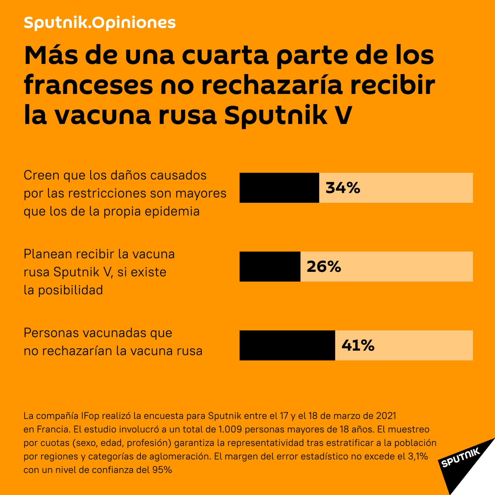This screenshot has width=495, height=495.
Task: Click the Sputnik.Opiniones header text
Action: (x=100, y=23)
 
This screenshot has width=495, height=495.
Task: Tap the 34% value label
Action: (x=343, y=188)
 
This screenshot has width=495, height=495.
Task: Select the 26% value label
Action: (x=324, y=267)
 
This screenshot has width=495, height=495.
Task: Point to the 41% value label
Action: (x=358, y=345)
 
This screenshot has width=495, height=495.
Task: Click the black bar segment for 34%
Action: (x=279, y=188)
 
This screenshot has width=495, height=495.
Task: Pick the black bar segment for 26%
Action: (x=270, y=267)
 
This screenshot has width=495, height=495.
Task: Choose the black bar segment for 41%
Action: (x=287, y=345)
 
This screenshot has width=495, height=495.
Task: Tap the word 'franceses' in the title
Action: (x=88, y=85)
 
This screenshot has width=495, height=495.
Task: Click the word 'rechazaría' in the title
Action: (x=272, y=85)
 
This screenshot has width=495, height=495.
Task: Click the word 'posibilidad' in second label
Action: (x=70, y=290)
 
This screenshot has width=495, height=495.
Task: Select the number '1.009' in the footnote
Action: (x=230, y=430)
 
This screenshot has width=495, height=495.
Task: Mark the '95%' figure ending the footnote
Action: (x=162, y=470)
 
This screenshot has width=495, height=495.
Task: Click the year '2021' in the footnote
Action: (x=386, y=416)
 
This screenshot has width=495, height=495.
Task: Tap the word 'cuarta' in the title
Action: (x=225, y=55)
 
